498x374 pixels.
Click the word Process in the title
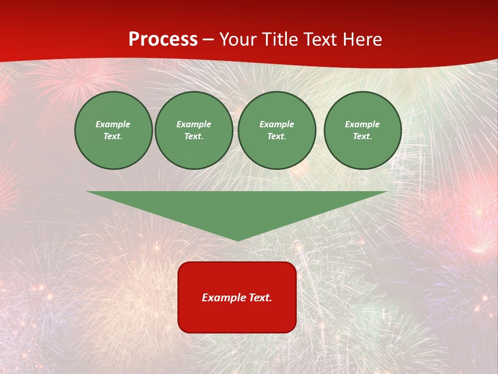coord(163,39)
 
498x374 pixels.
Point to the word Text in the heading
coord(322,39)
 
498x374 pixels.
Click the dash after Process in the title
coord(208,40)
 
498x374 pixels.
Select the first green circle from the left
coord(113,130)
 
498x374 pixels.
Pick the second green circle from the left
coord(193,130)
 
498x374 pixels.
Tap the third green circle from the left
coord(276,130)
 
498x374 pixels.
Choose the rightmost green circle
coord(362,130)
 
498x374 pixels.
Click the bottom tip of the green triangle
coord(238,239)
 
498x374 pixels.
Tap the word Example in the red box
coord(224,298)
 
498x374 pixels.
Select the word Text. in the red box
coord(260,298)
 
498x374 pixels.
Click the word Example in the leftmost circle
coord(113,124)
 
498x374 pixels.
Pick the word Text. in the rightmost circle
coord(362,137)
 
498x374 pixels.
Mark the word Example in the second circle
coord(193,124)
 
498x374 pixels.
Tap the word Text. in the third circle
coord(276,137)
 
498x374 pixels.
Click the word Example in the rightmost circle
coord(362,124)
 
